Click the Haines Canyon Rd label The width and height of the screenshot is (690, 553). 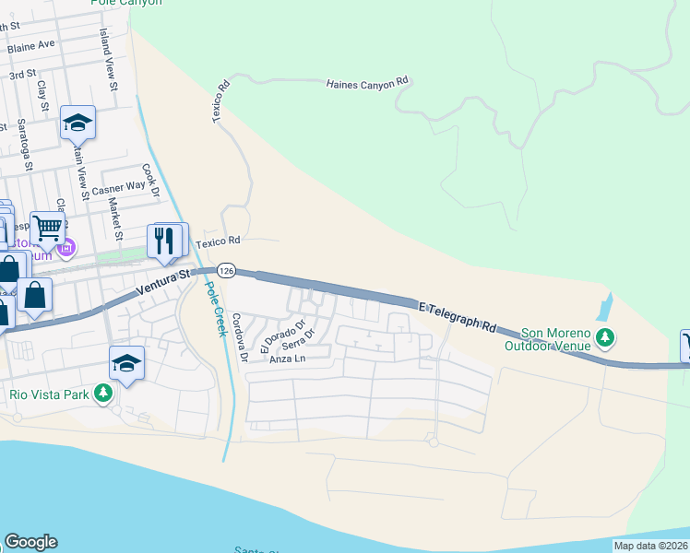pyautogui.click(x=366, y=84)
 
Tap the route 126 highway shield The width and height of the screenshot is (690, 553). pyautogui.click(x=228, y=270)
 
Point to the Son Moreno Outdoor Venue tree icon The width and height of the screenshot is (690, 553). pyautogui.click(x=605, y=337)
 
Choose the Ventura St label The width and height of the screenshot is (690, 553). pyautogui.click(x=162, y=282)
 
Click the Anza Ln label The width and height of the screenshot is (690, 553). pyautogui.click(x=286, y=359)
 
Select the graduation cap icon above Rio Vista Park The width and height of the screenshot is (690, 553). pyautogui.click(x=126, y=363)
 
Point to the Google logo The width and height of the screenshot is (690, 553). pyautogui.click(x=30, y=542)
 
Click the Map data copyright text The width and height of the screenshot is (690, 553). pyautogui.click(x=650, y=546)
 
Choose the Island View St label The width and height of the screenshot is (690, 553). pyautogui.click(x=109, y=58)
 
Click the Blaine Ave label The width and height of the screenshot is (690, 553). pyautogui.click(x=30, y=44)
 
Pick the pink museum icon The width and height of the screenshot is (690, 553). pyautogui.click(x=65, y=248)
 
